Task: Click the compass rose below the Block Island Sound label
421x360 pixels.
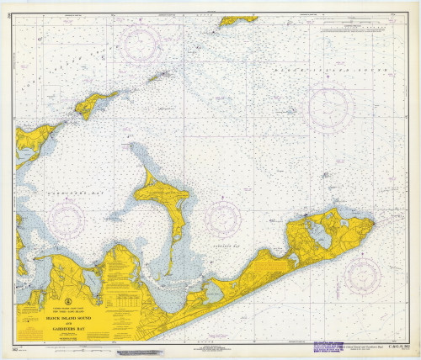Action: click(x=330, y=108)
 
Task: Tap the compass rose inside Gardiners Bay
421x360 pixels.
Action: click(x=67, y=220)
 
